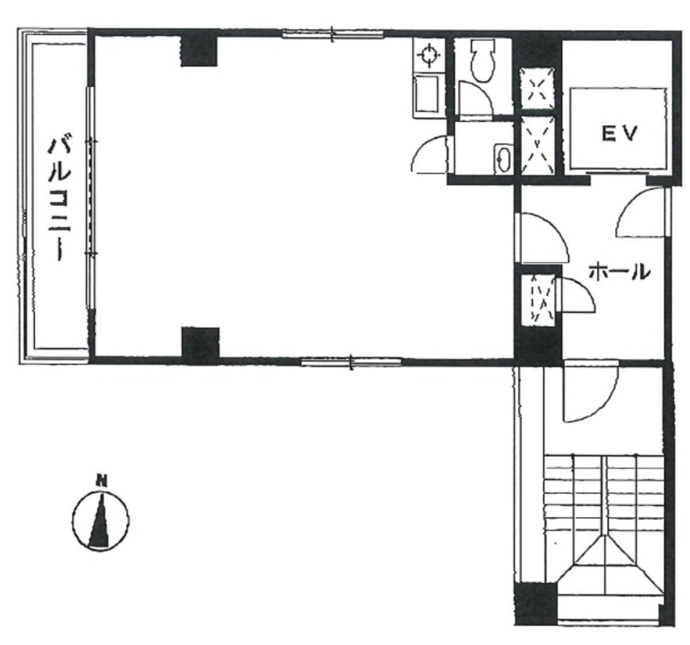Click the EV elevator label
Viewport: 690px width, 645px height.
pos(620,133)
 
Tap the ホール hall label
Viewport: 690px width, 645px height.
pos(619,272)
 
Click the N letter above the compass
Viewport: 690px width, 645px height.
pos(101,482)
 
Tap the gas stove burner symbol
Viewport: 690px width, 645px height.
pos(430,55)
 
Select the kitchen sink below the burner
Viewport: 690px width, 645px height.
pos(426,94)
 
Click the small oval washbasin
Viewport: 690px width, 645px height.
pos(503,159)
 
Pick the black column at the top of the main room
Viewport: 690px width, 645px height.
pos(199,51)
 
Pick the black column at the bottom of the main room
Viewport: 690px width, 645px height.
pos(201,342)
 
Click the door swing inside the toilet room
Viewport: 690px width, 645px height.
pos(476,98)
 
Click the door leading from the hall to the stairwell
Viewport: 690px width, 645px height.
pos(591,391)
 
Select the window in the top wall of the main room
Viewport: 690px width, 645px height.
pos(333,34)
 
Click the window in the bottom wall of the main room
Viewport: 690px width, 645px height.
pos(351,362)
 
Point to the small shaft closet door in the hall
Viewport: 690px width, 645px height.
pos(575,295)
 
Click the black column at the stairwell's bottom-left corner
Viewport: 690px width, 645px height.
pos(536,604)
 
